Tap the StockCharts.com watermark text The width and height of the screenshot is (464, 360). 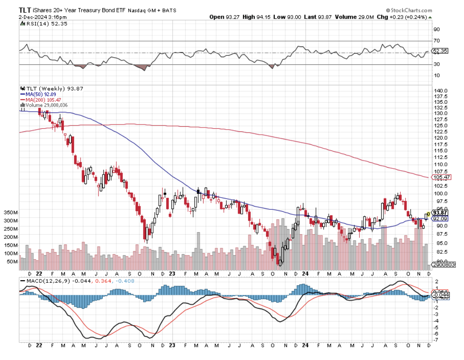(x=409, y=9)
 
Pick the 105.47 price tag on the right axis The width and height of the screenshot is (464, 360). (x=441, y=177)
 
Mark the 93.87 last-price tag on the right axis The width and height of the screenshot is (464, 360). (x=440, y=212)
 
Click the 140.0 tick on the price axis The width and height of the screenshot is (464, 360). (x=441, y=91)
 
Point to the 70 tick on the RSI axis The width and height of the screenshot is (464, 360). (x=436, y=41)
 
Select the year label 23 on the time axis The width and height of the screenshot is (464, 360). (x=172, y=273)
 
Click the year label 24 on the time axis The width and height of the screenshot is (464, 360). (x=306, y=273)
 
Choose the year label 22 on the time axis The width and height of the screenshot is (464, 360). (x=39, y=273)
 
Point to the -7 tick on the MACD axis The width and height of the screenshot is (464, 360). (x=436, y=340)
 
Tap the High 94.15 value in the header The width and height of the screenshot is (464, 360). (x=255, y=17)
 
